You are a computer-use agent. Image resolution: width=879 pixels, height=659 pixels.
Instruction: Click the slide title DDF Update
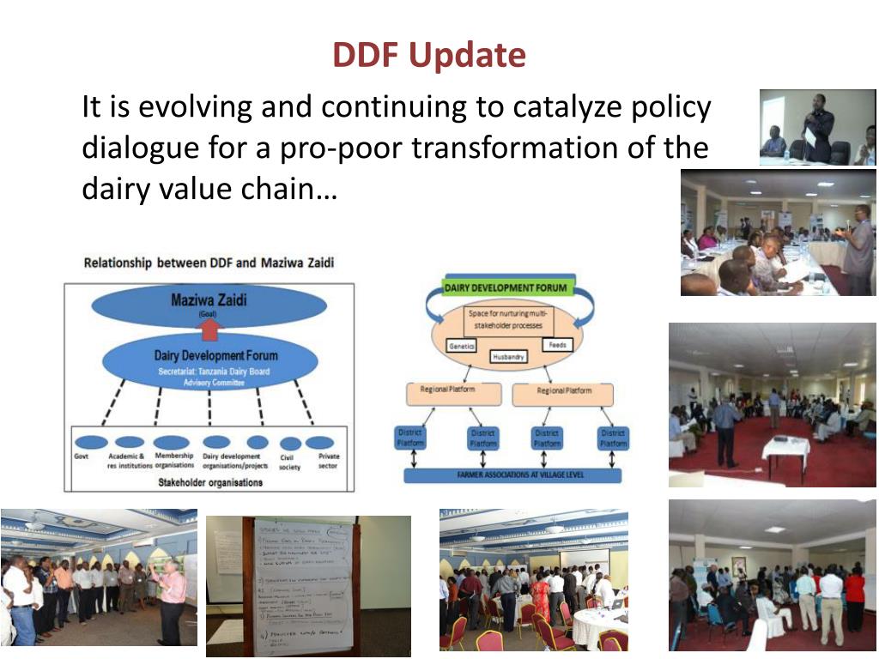pyautogui.click(x=428, y=56)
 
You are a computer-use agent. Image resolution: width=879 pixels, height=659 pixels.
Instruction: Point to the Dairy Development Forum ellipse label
pyautogui.click(x=215, y=355)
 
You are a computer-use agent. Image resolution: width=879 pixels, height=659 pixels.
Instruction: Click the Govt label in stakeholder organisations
pyautogui.click(x=81, y=456)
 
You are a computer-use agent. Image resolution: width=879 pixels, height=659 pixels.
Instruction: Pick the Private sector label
pyautogui.click(x=328, y=461)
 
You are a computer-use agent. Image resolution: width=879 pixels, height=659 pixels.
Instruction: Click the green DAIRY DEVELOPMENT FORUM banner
pyautogui.click(x=506, y=288)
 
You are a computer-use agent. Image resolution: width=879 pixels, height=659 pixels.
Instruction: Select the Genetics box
pyautogui.click(x=461, y=346)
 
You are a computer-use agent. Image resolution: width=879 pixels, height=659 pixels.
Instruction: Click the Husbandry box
pyautogui.click(x=509, y=356)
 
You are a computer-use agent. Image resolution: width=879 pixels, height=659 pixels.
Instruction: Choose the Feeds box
pyautogui.click(x=556, y=345)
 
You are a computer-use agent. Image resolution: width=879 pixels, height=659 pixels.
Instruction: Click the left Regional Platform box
pyautogui.click(x=453, y=392)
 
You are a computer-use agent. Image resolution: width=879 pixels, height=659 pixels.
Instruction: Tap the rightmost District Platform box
pyautogui.click(x=613, y=438)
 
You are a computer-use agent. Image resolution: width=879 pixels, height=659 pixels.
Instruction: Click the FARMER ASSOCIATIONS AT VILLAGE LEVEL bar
pyautogui.click(x=512, y=474)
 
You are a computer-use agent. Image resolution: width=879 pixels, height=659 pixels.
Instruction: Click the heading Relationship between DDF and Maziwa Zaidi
pyautogui.click(x=209, y=263)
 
